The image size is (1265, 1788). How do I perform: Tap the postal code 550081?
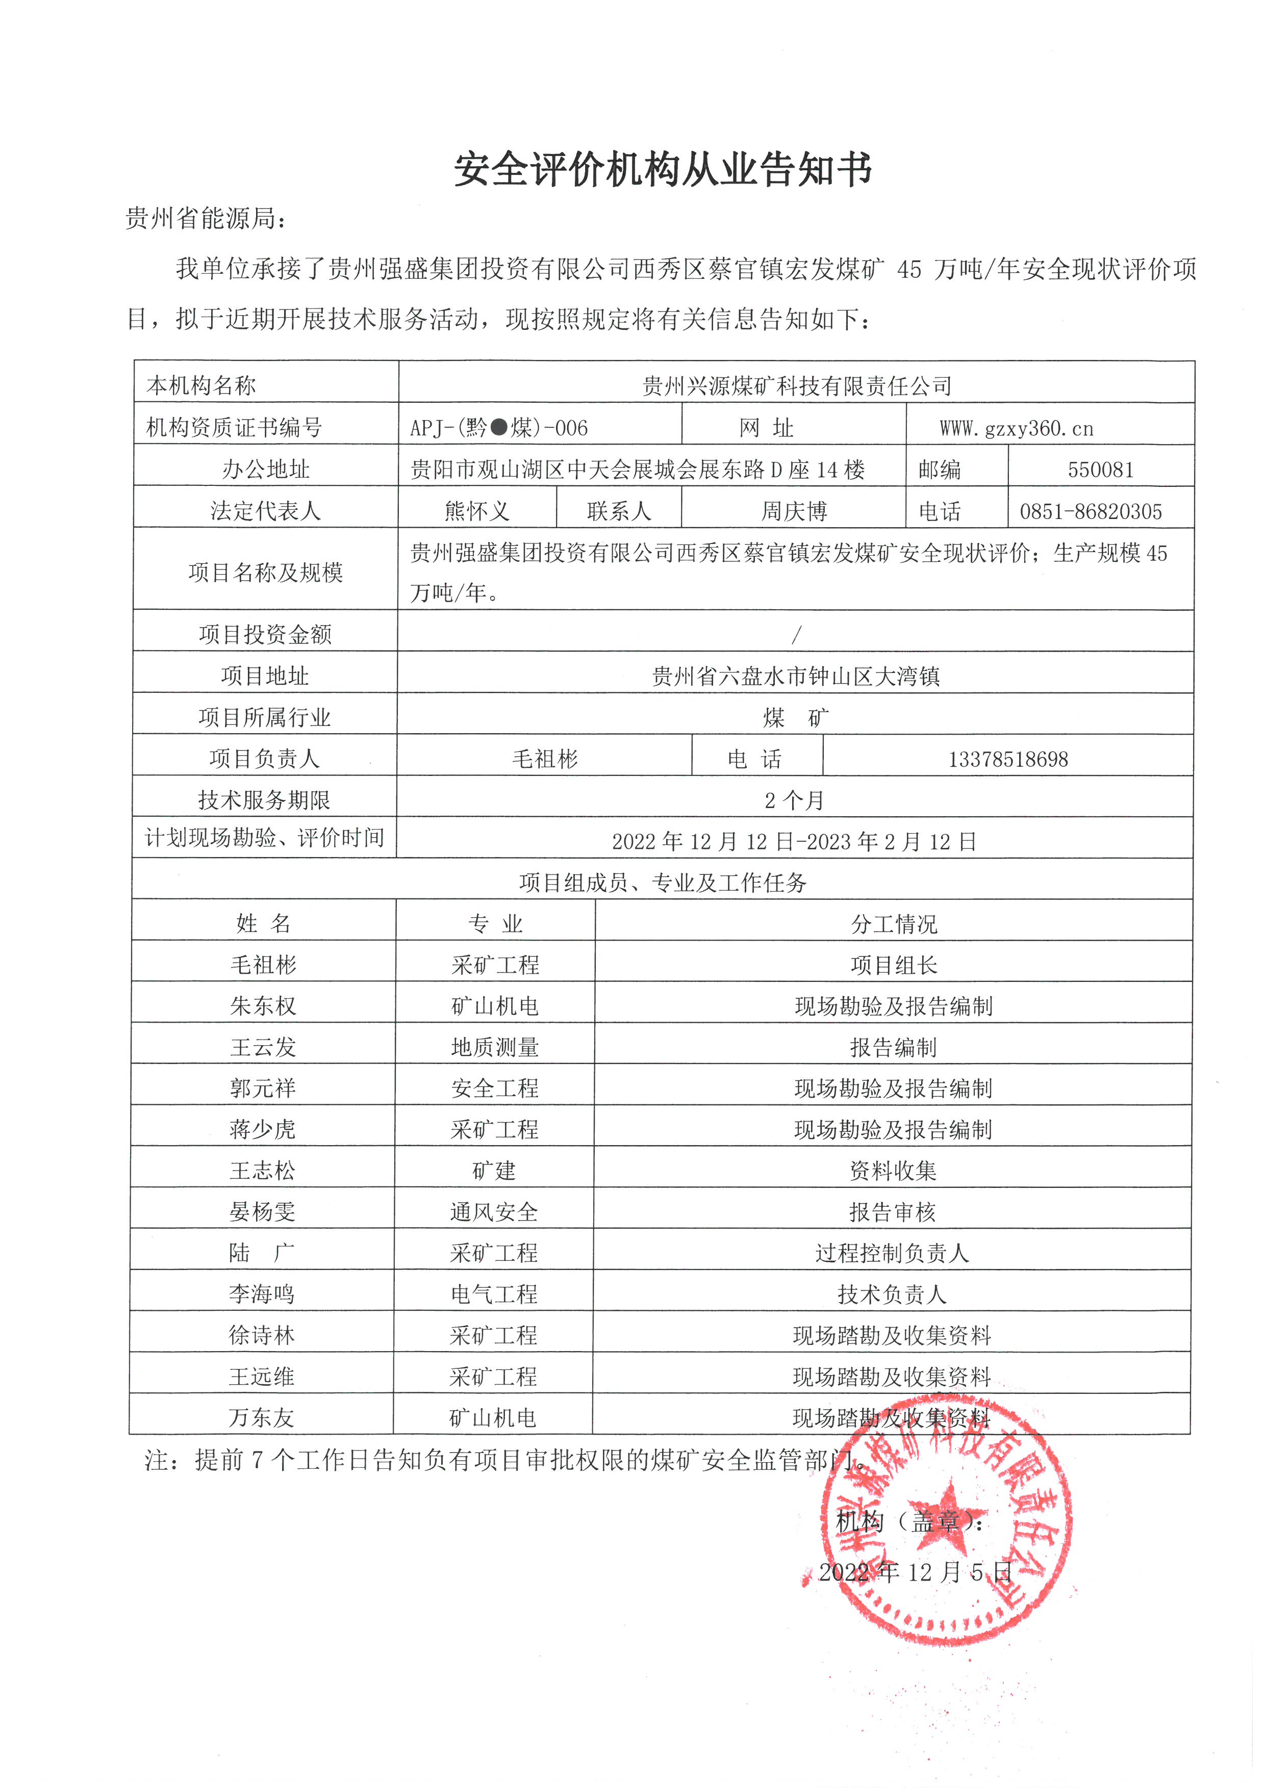click(x=1100, y=470)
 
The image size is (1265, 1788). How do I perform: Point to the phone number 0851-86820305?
click(x=1091, y=512)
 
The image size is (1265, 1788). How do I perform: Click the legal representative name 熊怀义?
click(x=477, y=512)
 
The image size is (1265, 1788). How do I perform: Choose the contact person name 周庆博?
click(x=793, y=512)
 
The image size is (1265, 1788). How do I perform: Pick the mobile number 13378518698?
click(x=1007, y=759)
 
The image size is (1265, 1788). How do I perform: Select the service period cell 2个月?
click(x=794, y=800)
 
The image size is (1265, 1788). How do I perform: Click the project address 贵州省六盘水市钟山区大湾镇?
click(x=795, y=676)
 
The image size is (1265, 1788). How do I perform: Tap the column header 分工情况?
click(x=894, y=924)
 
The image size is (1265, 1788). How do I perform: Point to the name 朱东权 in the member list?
click(x=263, y=1006)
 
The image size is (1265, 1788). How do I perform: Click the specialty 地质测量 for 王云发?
click(x=495, y=1047)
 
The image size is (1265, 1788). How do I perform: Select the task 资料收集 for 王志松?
click(x=893, y=1171)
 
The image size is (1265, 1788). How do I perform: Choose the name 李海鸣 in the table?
click(x=262, y=1294)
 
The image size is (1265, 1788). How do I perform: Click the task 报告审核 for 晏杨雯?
click(x=892, y=1212)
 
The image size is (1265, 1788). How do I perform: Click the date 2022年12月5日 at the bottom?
click(x=915, y=1572)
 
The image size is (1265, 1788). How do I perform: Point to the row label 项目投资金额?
click(x=265, y=635)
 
